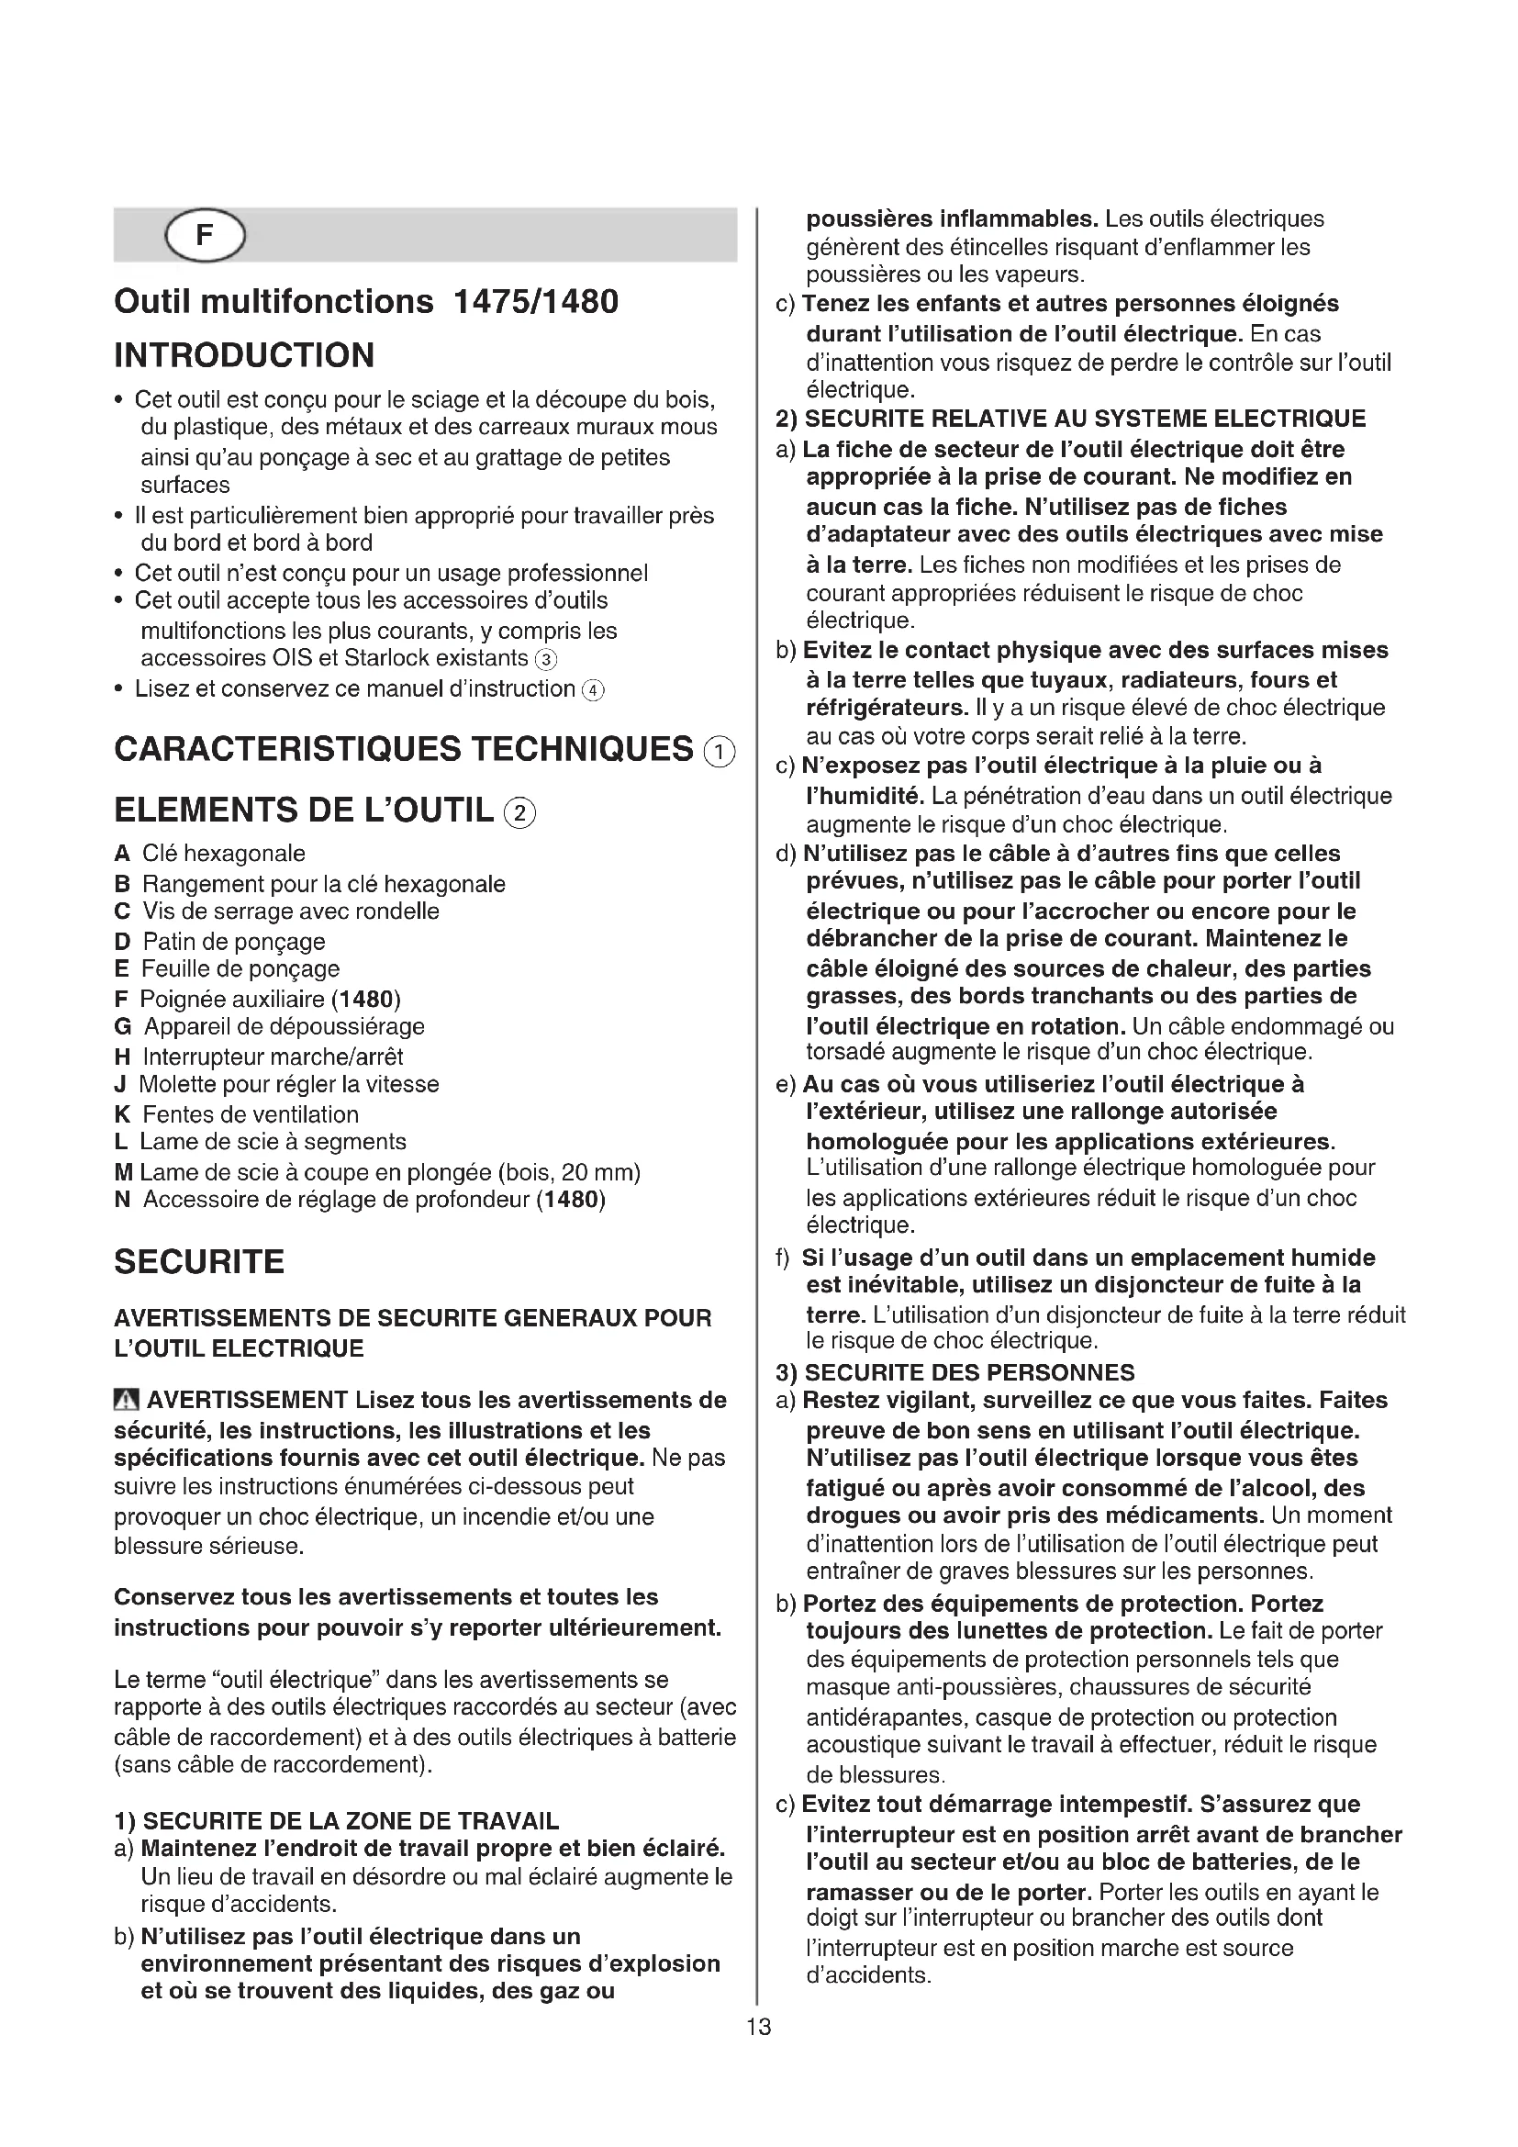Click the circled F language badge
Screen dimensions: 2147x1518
click(x=204, y=236)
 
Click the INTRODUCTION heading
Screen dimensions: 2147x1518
click(x=244, y=355)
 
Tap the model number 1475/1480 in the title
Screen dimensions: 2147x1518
click(x=535, y=302)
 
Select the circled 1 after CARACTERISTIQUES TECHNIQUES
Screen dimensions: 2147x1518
click(x=719, y=752)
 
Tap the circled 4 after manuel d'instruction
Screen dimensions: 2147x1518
click(x=593, y=691)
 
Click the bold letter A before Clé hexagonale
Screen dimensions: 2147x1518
click(x=121, y=854)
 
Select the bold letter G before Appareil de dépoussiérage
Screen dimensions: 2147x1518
click(x=122, y=1027)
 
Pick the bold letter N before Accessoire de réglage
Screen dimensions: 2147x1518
click(x=122, y=1200)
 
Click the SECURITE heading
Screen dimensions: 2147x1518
click(x=199, y=1261)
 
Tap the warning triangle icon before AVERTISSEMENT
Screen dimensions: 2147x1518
click(x=126, y=1400)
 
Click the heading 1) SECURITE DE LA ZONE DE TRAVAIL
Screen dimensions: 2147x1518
click(x=337, y=1820)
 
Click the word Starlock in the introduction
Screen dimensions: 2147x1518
click(x=386, y=658)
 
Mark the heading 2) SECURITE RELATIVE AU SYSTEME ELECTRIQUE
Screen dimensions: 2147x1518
click(x=1071, y=418)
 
